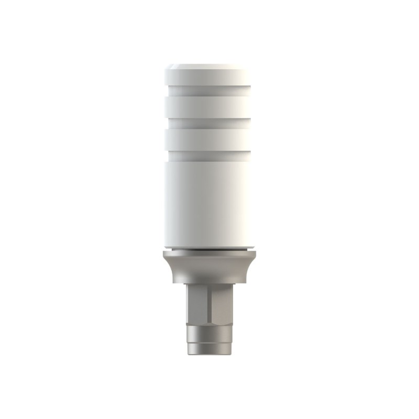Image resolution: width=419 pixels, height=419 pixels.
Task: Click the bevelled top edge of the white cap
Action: [210, 67]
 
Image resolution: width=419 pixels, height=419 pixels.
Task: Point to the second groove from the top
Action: [210, 123]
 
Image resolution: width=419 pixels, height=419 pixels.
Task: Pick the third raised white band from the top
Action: [210, 139]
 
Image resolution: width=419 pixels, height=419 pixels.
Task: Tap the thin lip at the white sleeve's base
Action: [210, 247]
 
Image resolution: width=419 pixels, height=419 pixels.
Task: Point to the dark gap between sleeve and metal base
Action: [210, 250]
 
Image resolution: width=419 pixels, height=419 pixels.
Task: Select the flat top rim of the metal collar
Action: [210, 254]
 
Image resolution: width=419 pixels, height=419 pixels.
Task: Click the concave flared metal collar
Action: [210, 270]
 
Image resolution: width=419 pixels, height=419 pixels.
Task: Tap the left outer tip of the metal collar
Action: [163, 255]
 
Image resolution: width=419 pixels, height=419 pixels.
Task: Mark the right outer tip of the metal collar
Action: [256, 255]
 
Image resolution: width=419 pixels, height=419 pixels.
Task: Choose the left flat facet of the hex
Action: [197, 304]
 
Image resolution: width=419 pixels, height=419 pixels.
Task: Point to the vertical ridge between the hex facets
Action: [210, 304]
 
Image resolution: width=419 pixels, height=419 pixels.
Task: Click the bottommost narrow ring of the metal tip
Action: [210, 348]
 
